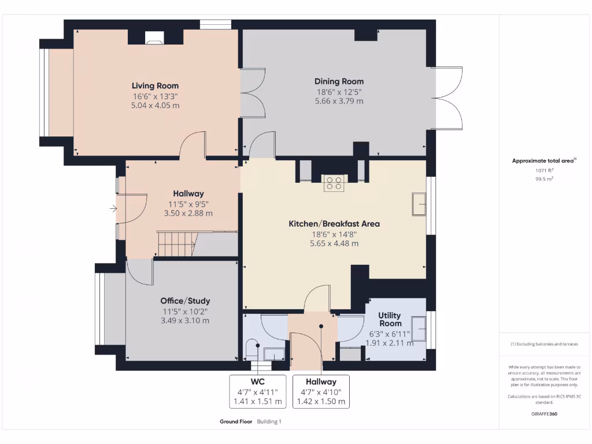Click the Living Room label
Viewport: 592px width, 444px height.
(x=155, y=86)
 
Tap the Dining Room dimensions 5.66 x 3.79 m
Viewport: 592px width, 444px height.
(x=339, y=101)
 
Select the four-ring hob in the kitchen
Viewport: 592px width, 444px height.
(x=334, y=183)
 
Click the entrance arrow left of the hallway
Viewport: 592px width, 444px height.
(x=112, y=208)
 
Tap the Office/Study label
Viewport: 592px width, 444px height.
(x=185, y=301)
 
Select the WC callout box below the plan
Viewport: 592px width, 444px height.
(x=257, y=391)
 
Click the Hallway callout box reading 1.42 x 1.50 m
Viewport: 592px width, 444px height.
(x=321, y=391)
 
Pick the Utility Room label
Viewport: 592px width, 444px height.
(x=390, y=319)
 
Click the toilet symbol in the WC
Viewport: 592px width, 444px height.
(x=252, y=349)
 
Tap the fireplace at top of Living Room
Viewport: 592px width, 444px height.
(x=154, y=40)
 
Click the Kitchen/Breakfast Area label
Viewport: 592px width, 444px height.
(x=334, y=223)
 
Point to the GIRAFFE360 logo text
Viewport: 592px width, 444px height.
(x=544, y=414)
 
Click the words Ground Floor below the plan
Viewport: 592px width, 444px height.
(x=236, y=421)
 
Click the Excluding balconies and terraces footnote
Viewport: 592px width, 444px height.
(x=544, y=344)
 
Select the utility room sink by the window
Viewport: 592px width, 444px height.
(x=419, y=323)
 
